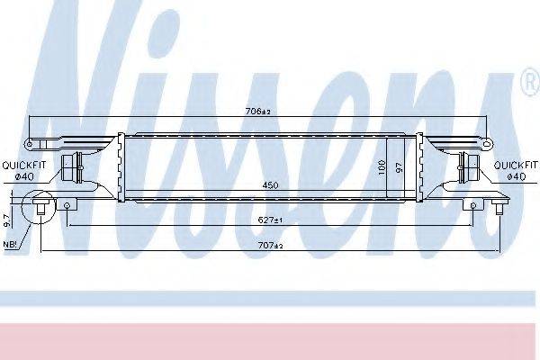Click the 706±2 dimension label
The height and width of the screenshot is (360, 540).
[x=258, y=112]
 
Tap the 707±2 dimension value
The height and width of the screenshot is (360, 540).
[x=270, y=246]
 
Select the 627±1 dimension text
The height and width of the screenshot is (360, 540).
[x=270, y=220]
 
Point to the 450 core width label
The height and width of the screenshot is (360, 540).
[x=270, y=185]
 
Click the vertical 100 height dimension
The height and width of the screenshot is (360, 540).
[x=382, y=166]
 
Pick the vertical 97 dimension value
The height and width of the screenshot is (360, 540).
[x=399, y=167]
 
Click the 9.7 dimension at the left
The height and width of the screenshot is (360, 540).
[x=6, y=220]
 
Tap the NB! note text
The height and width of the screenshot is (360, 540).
[x=10, y=244]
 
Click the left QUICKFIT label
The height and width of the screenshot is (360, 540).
[x=23, y=166]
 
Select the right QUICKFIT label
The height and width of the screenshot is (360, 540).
[x=516, y=166]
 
